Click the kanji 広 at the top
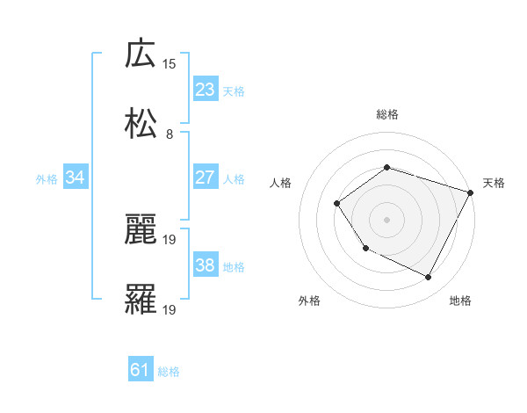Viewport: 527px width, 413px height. point(141,54)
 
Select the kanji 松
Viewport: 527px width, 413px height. point(141,124)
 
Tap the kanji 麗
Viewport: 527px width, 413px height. point(141,229)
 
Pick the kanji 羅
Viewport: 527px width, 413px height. point(141,300)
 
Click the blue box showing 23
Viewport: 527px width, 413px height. point(206,90)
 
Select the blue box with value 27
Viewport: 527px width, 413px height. point(206,178)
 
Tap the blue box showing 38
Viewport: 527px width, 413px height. point(206,265)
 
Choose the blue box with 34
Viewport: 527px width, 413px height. point(76,178)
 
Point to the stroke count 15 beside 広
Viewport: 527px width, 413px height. point(170,63)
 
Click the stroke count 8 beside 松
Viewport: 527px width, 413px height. point(170,134)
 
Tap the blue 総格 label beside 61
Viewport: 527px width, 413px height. point(169,372)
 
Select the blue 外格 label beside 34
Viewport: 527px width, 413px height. point(47,178)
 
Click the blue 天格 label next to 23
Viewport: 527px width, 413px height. point(234,91)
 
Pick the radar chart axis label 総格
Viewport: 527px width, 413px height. point(386,114)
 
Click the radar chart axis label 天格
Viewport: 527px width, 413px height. point(494,183)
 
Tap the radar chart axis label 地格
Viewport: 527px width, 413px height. point(460,301)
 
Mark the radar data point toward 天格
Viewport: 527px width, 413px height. point(471,192)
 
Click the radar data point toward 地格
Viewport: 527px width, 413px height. point(429,278)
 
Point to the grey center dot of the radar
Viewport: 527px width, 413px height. point(386,219)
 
